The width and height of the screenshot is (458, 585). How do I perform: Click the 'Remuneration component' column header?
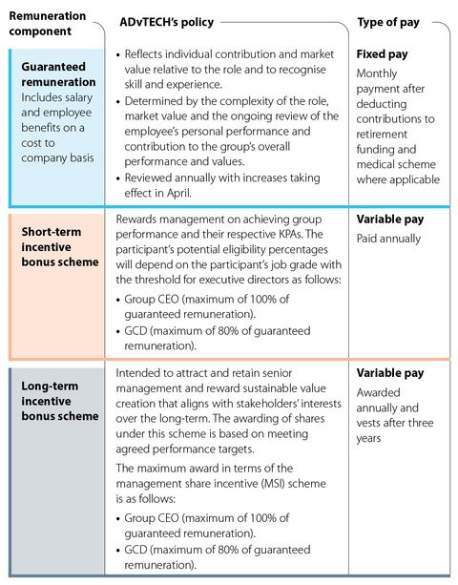pos(48,24)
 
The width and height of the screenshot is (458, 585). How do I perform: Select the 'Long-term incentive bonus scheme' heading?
pos(59,400)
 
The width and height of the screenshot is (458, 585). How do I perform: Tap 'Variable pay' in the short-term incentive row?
pos(390,219)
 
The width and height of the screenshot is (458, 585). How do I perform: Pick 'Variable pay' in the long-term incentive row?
pos(390,373)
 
